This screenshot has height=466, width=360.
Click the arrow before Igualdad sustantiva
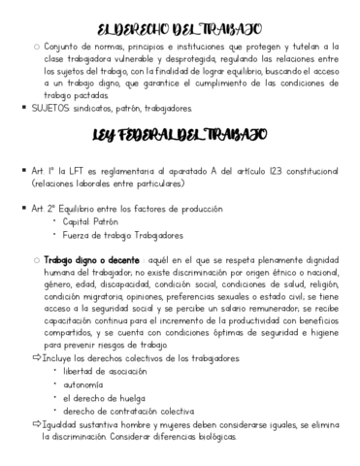(36, 424)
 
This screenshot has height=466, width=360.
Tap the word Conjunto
(65, 46)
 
